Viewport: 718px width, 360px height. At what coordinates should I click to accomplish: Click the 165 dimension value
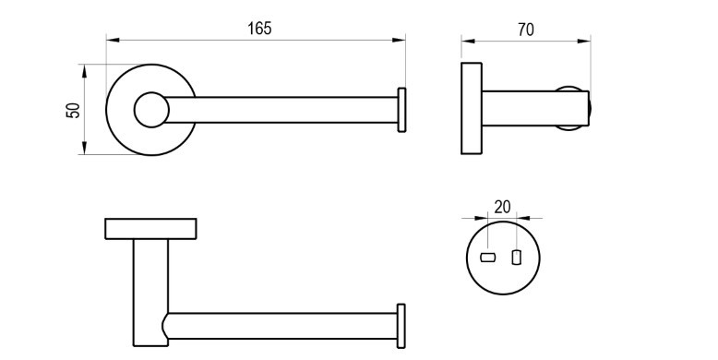tap(259, 29)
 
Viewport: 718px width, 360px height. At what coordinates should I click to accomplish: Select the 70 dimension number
tap(526, 30)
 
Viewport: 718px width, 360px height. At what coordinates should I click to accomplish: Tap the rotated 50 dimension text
tap(73, 111)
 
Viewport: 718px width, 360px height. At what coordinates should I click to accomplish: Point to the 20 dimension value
tap(502, 207)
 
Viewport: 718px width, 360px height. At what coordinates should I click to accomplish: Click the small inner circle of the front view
tap(151, 110)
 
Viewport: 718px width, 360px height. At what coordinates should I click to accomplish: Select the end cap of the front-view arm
tap(401, 110)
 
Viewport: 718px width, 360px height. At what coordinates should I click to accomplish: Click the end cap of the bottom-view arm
tap(401, 326)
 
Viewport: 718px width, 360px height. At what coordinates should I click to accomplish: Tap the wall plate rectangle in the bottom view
tap(150, 229)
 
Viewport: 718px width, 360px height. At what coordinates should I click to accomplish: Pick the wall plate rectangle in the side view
tap(472, 108)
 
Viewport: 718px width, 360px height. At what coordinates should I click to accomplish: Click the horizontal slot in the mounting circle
tap(487, 258)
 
